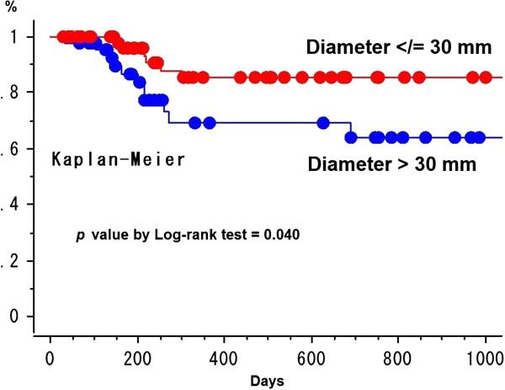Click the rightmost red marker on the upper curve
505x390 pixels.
[486, 78]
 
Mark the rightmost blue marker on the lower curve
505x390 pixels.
[479, 137]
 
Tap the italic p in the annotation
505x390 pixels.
[80, 232]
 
